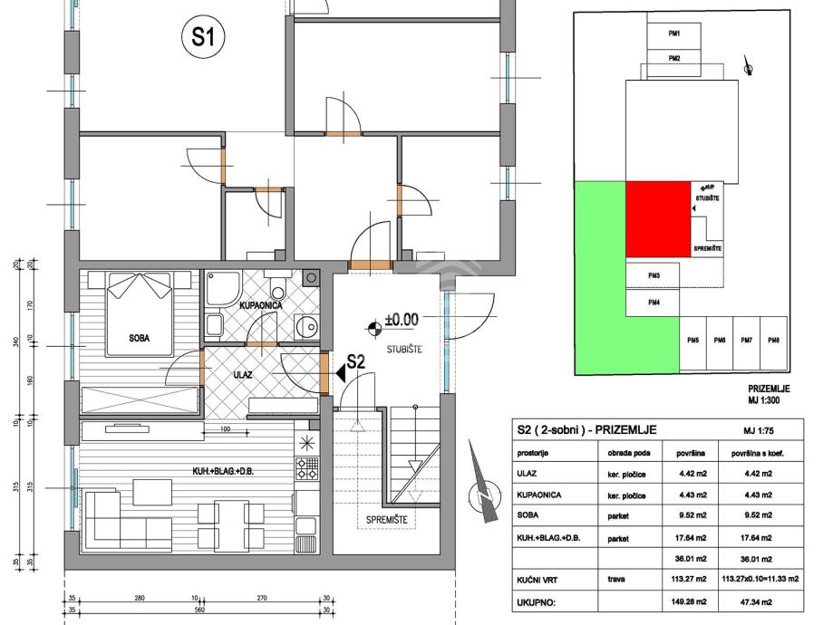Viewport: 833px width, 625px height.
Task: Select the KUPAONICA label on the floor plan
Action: [263, 306]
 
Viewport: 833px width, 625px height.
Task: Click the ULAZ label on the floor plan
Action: [243, 373]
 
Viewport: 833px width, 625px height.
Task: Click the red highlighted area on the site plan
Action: [657, 218]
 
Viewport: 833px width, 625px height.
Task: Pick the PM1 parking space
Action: [673, 34]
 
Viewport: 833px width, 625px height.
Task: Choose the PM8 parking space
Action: [773, 341]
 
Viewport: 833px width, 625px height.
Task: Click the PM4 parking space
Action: [653, 303]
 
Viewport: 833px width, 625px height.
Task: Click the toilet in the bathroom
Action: [280, 289]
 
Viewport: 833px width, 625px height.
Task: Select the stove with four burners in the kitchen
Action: [306, 467]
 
